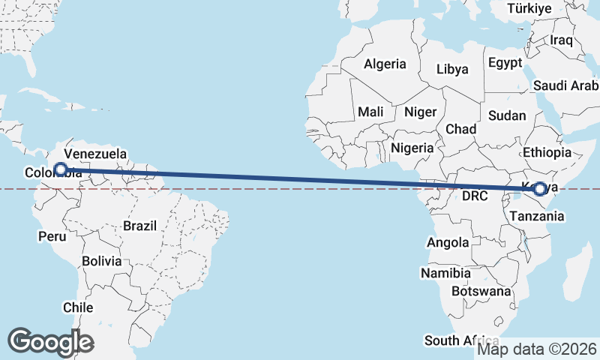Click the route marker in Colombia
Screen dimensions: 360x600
coord(61,169)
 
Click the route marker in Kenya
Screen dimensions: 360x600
coord(539,189)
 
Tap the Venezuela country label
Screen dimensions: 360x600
coord(94,156)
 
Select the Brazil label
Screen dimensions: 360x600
coord(140,225)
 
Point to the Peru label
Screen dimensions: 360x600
coord(52,236)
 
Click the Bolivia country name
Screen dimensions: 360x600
coord(102,262)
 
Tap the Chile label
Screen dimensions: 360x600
coord(78,307)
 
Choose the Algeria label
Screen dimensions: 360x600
coord(385,64)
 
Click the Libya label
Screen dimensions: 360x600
coord(454,69)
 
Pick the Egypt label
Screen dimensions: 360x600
coord(505,63)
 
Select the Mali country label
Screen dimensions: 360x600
coord(370,112)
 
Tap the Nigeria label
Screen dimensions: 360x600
coord(412,148)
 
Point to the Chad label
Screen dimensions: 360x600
coord(460,129)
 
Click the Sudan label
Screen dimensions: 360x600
coord(507,115)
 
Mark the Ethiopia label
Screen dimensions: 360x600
coord(548,152)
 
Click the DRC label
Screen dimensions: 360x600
coord(475,196)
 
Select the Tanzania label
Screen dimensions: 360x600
coord(536,216)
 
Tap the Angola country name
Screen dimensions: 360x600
coord(448,242)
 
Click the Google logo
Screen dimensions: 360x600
coord(50,342)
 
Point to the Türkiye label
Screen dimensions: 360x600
coord(529,9)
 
